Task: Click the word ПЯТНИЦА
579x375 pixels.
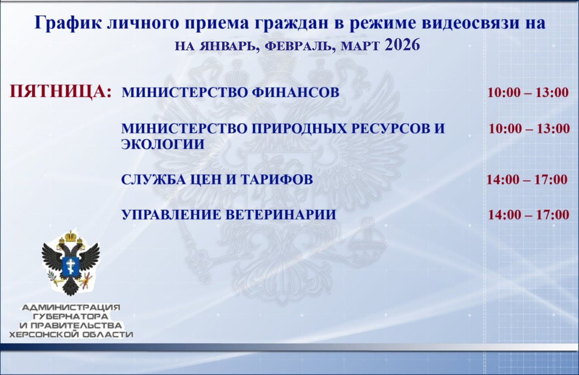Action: pos(61,92)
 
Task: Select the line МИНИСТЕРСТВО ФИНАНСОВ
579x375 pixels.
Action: pos(230,93)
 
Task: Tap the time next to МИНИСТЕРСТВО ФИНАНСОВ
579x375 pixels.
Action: pos(527,93)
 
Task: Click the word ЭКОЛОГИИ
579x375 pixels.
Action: pos(163,144)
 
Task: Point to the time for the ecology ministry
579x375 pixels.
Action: pos(529,129)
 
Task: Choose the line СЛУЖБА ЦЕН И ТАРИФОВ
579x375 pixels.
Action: pos(217,180)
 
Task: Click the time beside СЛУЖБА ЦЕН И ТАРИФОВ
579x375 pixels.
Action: pos(527,179)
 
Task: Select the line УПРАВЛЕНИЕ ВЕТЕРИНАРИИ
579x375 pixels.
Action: pos(228,215)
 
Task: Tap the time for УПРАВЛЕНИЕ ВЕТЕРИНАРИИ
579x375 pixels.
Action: pos(528,214)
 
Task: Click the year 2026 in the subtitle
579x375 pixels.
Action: pos(403,45)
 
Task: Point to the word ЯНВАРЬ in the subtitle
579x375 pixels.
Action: pos(228,47)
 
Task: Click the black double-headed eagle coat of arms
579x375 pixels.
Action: pos(71,263)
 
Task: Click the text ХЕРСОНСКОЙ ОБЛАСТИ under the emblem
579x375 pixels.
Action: pos(71,335)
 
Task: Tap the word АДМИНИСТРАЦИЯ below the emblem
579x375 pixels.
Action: pos(71,308)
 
